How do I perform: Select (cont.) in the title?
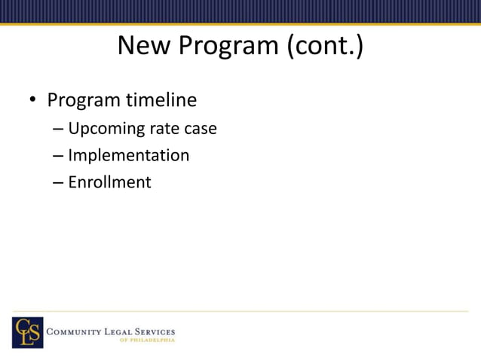click(x=324, y=47)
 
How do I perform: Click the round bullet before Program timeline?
click(x=32, y=101)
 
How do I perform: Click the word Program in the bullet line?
click(x=82, y=100)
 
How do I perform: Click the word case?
click(x=201, y=129)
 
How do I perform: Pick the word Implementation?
click(x=128, y=156)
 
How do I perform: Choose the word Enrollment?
click(x=109, y=182)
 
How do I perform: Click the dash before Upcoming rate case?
click(x=58, y=130)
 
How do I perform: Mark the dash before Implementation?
click(x=58, y=157)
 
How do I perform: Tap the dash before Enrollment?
click(x=58, y=183)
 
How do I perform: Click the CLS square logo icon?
click(x=27, y=332)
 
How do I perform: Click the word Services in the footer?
click(x=155, y=331)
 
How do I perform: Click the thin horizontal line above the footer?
click(x=240, y=311)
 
